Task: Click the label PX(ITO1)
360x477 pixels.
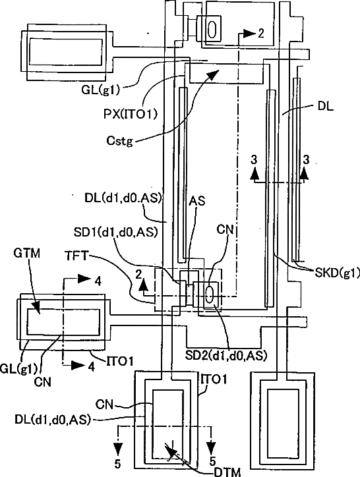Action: (131, 114)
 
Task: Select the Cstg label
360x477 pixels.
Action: (120, 141)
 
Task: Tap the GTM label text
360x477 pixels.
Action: (27, 253)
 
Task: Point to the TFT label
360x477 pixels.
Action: (76, 256)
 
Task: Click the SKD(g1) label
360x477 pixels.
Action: (337, 273)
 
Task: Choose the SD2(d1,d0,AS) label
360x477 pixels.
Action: (226, 355)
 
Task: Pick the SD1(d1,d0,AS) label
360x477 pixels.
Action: (116, 233)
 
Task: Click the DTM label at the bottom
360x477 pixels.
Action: (227, 472)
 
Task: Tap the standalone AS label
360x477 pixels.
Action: (197, 201)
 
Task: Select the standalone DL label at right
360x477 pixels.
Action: (325, 106)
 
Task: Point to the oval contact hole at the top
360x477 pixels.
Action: (212, 29)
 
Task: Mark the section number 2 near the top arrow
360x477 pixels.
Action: (260, 33)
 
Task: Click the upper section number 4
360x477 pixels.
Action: (98, 282)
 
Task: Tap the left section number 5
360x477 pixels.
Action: (117, 464)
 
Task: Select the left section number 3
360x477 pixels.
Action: (254, 159)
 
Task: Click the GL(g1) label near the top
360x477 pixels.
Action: (100, 90)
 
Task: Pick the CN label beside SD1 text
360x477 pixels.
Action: (225, 230)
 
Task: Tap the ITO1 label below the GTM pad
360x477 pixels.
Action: (120, 361)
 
